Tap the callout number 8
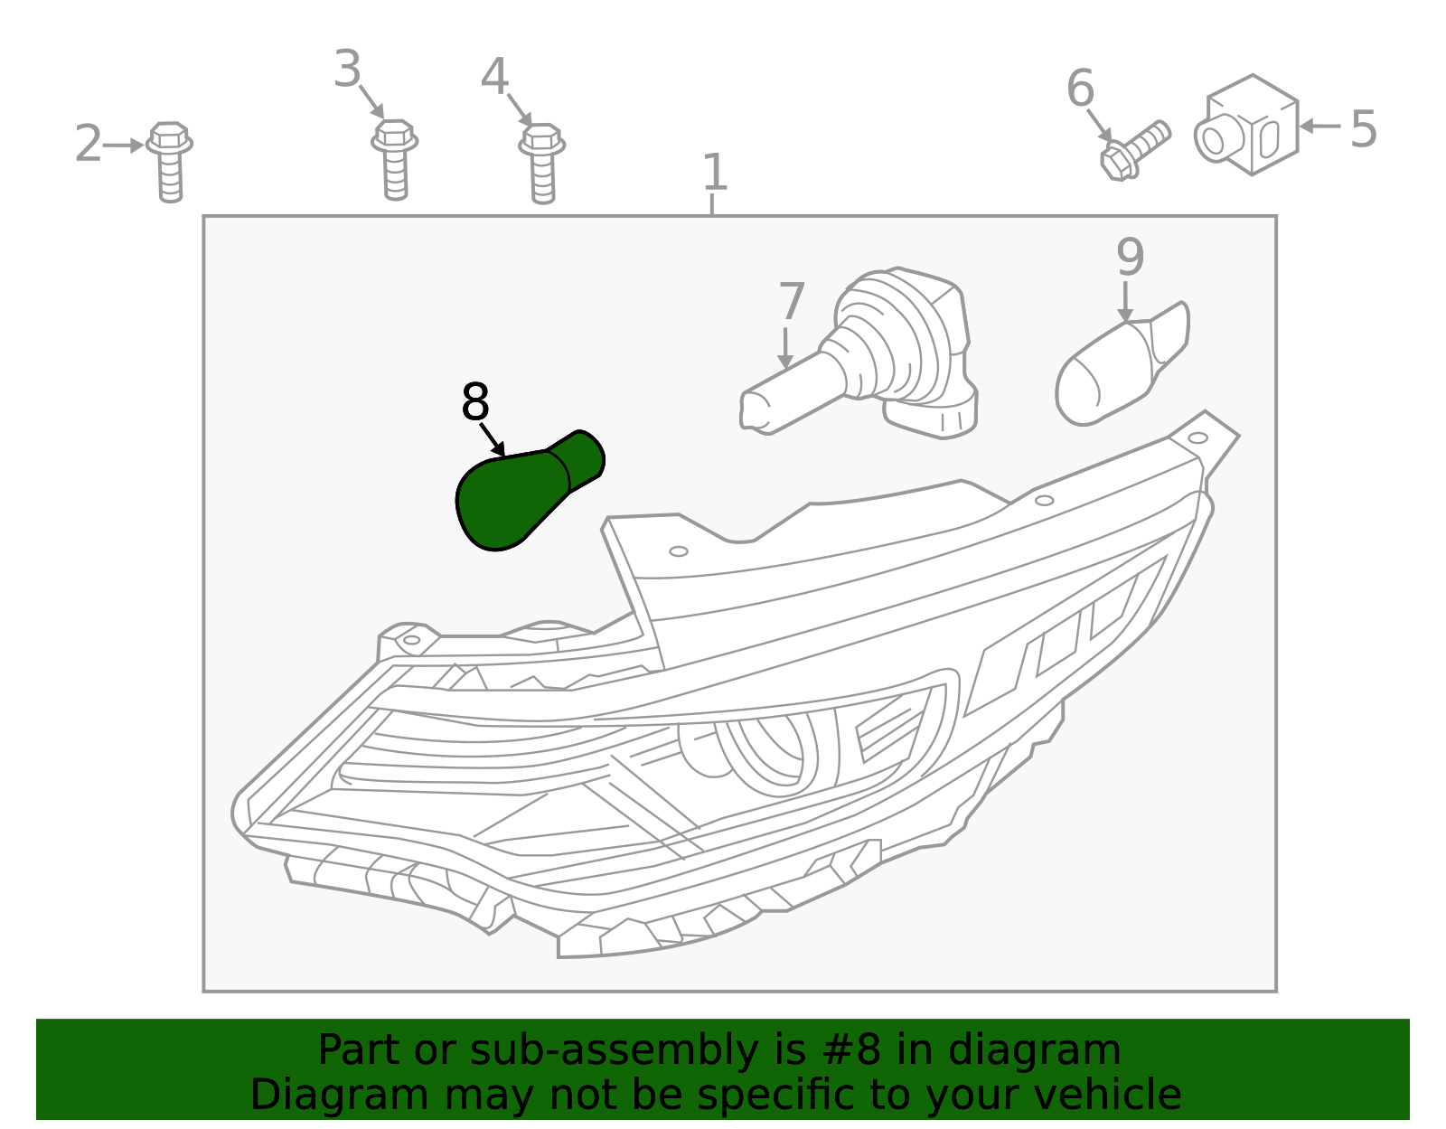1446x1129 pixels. coord(475,402)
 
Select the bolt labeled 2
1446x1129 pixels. coord(170,162)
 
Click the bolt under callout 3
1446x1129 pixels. coord(395,160)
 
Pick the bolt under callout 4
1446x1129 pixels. coord(542,164)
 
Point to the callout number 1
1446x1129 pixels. coord(715,172)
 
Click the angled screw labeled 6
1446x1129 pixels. coord(1134,150)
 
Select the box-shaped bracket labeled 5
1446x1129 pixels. coord(1247,125)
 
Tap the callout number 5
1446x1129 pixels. coord(1363,129)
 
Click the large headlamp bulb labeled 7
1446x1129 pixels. coord(859,354)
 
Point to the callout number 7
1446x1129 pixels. coord(791,301)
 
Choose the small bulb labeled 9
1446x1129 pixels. coord(1122,364)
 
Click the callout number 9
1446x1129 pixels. coord(1130,257)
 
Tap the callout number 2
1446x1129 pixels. coord(88,143)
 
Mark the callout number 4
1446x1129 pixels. coord(494,77)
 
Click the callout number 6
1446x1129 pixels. coord(1080,88)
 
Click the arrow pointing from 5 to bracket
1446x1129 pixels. coord(1320,126)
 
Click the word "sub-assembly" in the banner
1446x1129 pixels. coord(615,1050)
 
